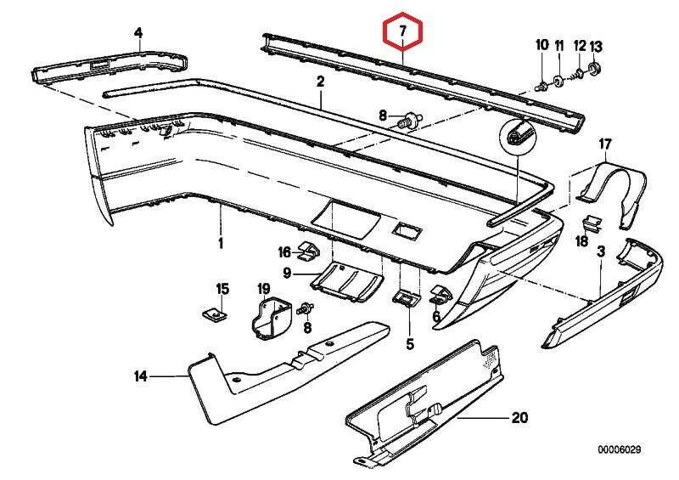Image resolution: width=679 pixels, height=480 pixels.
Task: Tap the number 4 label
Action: click(x=138, y=33)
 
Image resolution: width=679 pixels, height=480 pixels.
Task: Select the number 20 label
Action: click(x=519, y=417)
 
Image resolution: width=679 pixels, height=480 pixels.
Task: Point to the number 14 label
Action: click(x=141, y=375)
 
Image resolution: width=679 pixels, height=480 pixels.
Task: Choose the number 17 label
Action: click(x=604, y=144)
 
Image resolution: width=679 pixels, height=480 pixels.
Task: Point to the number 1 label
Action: click(x=220, y=243)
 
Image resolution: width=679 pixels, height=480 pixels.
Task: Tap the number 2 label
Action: click(x=321, y=82)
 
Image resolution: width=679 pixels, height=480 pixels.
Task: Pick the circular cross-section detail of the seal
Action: click(x=517, y=134)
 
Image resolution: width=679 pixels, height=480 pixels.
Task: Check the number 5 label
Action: click(x=409, y=344)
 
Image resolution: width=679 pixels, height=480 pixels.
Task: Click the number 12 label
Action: click(x=580, y=44)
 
